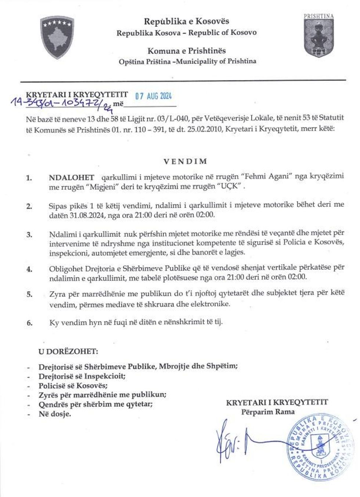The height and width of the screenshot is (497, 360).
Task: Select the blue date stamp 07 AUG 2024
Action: (154, 96)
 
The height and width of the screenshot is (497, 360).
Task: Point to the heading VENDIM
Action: (185, 161)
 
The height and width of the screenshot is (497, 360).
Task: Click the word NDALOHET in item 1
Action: (71, 176)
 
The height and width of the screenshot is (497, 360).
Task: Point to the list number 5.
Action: (29, 294)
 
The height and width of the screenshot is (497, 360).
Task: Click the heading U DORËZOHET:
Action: (68, 351)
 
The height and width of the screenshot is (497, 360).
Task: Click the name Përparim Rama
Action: (268, 412)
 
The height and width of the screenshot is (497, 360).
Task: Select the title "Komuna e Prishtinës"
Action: (187, 51)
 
